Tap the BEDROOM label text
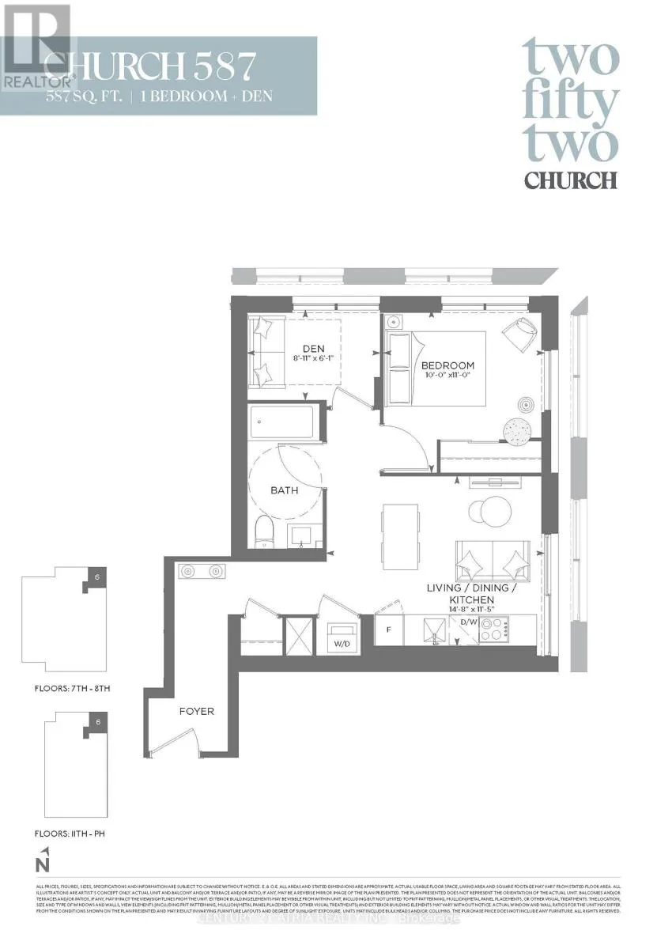[x=447, y=365]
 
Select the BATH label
[x=285, y=490]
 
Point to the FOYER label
[x=196, y=711]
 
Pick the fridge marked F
[x=388, y=630]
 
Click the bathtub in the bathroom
[x=285, y=425]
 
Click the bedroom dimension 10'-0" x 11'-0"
[x=448, y=377]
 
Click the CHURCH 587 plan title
[x=150, y=67]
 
